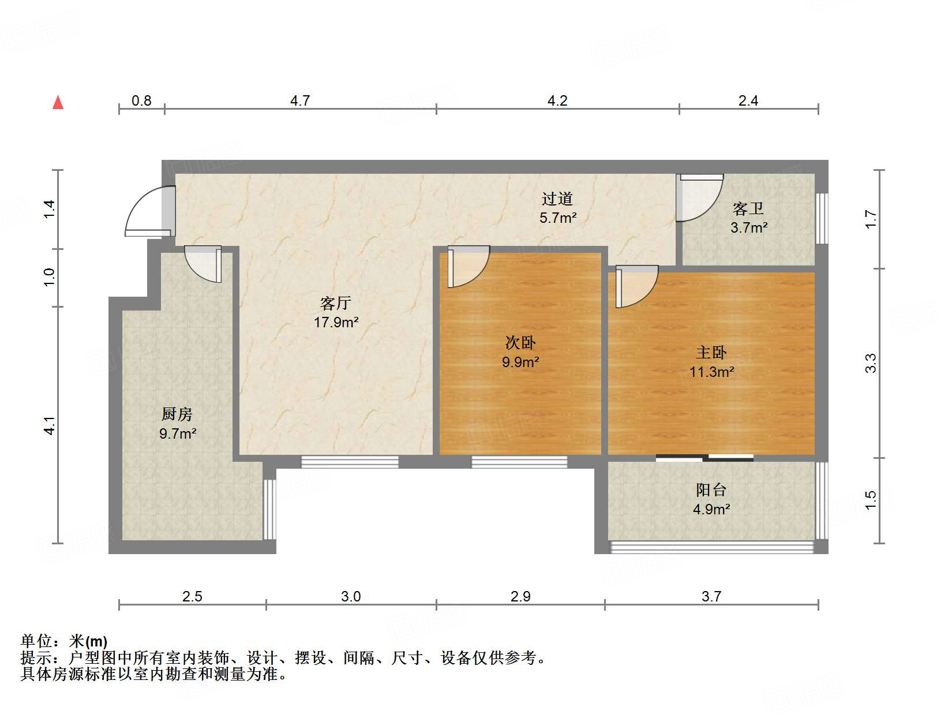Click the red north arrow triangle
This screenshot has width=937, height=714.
58,102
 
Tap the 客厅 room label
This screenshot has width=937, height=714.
336,303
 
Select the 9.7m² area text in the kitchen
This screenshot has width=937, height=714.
178,433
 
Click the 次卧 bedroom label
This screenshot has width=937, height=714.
520,343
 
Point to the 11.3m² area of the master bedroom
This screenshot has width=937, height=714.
711,372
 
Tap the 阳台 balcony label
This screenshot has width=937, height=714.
711,490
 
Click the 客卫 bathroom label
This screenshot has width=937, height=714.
748,208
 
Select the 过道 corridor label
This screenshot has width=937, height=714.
557,199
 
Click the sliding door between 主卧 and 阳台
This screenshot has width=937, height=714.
704,458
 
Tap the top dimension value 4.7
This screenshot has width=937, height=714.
300,101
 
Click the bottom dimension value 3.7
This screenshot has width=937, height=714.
711,597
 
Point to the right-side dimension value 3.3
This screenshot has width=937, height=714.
871,363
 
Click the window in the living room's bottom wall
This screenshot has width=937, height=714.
350,461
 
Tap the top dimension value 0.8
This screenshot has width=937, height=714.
141,101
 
